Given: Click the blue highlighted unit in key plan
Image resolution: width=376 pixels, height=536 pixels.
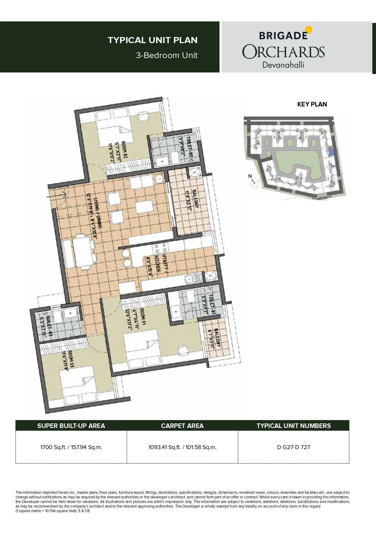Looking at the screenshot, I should click(330, 152).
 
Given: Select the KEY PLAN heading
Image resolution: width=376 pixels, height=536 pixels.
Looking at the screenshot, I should click(312, 104).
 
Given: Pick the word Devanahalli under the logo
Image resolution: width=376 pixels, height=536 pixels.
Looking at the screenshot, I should click(283, 65).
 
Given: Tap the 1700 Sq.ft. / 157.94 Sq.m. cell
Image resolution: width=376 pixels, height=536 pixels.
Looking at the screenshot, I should click(71, 447).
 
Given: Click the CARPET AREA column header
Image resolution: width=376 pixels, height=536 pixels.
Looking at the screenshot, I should click(182, 426).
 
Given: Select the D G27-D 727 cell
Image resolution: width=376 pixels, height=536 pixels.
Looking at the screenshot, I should click(293, 447).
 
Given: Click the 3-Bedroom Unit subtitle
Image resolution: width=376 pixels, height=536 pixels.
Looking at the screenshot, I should click(167, 55).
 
